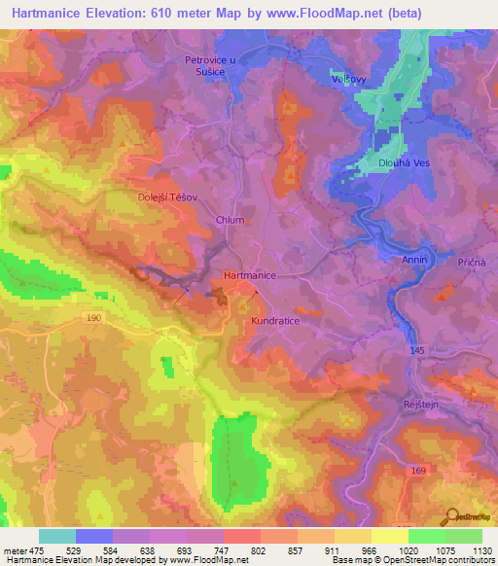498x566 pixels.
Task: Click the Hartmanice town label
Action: point(251,276)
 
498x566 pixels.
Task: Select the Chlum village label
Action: point(230,220)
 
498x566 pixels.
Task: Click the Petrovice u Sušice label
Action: point(212,64)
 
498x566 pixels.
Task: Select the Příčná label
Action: point(472,263)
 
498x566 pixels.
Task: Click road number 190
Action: point(93,317)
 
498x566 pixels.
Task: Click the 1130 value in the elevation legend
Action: point(478,550)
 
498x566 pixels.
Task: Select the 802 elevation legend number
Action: point(260,550)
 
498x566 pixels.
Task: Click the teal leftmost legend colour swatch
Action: point(57,536)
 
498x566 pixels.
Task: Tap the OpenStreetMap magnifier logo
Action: point(453,517)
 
